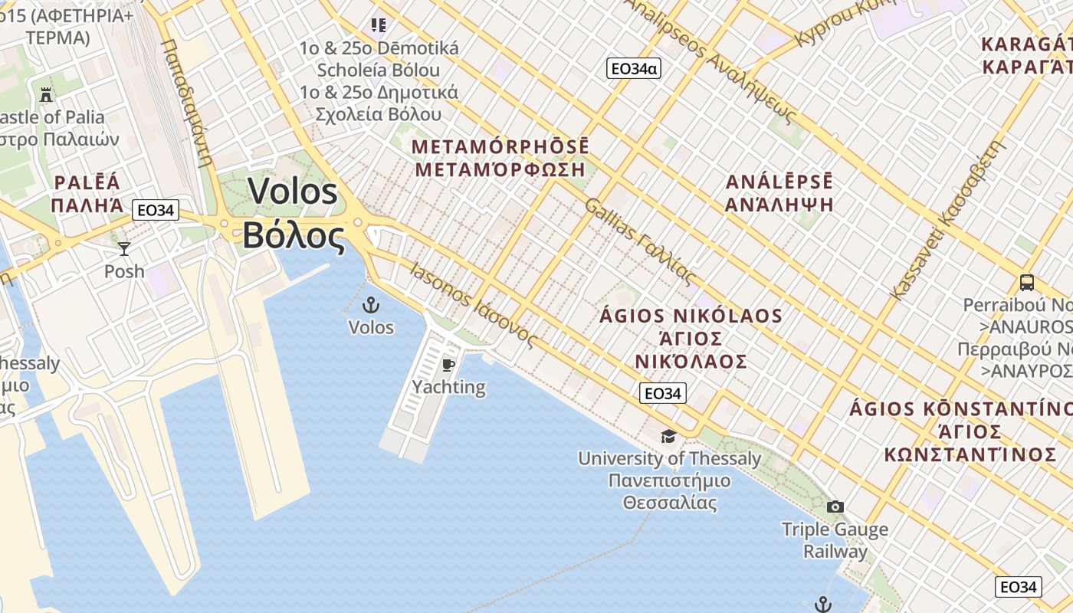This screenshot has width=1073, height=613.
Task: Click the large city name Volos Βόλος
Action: point(293,214)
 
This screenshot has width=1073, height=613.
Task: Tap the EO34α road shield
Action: point(633,68)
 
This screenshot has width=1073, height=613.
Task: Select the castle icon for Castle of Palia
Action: point(46,95)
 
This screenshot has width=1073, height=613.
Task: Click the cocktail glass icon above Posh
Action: point(124,248)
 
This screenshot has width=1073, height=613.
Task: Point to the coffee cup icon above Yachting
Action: point(448,365)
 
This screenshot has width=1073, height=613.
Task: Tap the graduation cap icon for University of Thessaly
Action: point(669,436)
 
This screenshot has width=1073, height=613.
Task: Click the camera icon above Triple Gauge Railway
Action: point(835,506)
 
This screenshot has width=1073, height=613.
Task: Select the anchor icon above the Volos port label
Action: point(371,305)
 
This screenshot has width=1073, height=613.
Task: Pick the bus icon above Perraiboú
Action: point(1027,282)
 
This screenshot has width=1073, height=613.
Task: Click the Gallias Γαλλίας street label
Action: point(640,241)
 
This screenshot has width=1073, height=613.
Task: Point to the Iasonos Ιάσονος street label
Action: point(473,306)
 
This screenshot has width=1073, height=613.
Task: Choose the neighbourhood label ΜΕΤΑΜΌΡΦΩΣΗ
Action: point(500,169)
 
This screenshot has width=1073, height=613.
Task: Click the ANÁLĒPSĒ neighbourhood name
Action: point(779,182)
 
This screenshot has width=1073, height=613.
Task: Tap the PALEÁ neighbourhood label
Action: point(87,182)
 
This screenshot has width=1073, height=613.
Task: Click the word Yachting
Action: point(448,387)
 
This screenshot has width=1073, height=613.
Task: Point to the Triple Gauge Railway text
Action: point(835,540)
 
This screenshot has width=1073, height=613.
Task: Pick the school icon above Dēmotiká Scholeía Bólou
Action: point(379,25)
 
